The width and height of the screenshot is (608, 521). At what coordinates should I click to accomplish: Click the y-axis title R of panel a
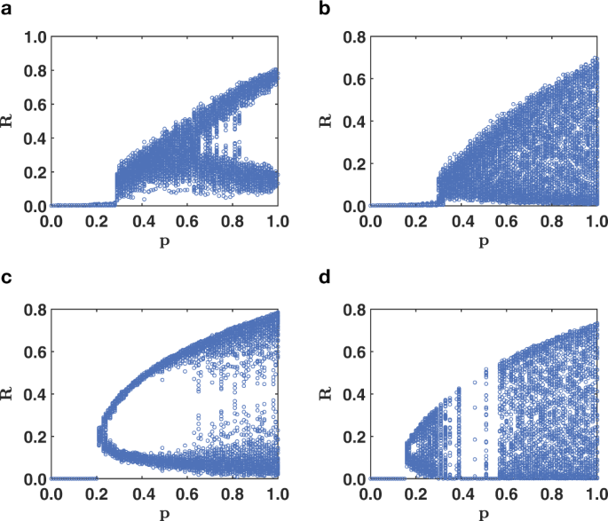10,122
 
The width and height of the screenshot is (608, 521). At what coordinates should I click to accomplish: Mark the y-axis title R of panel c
10,394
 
